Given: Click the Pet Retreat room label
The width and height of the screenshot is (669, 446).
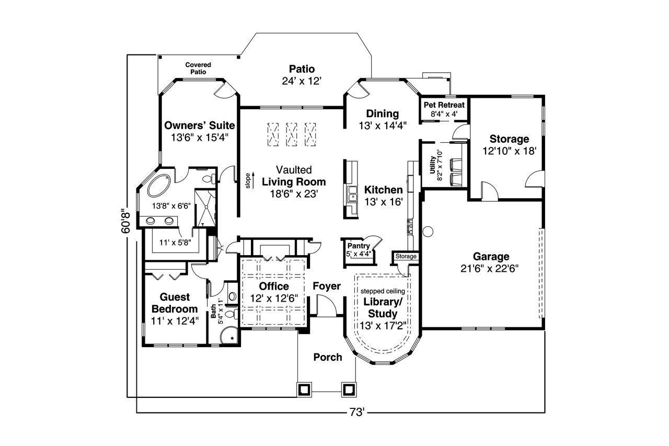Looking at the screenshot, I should tap(444, 105).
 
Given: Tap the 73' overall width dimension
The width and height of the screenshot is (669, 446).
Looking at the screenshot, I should tap(356, 413).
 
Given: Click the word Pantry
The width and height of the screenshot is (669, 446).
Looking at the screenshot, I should tap(358, 246).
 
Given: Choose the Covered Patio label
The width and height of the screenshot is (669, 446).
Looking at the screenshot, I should tap(198, 68).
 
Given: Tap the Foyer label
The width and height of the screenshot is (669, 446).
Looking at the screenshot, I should tap(327, 286).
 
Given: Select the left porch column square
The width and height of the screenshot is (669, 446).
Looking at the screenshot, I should tap(304, 389).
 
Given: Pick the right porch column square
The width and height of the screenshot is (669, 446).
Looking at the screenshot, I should tap(349, 389).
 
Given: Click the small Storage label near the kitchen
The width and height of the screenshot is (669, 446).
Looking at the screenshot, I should tap(406, 257).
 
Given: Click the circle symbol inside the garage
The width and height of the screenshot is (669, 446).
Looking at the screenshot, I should tap(428, 230).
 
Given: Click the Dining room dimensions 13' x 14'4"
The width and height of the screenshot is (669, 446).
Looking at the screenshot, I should tap(383, 125).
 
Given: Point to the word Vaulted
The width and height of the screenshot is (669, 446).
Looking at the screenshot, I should tap(294, 170).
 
